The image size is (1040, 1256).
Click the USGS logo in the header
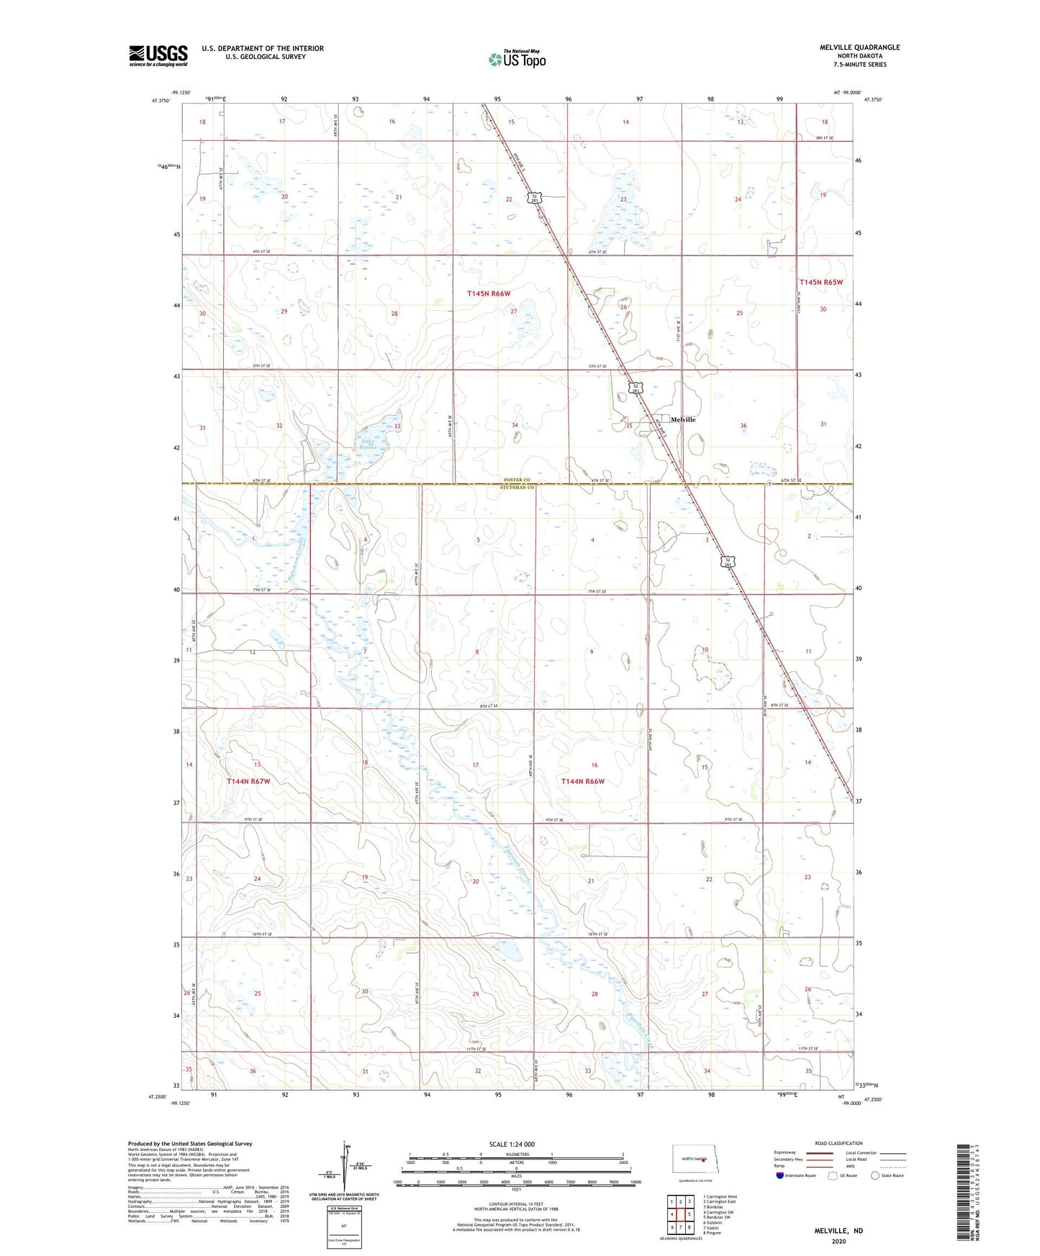(x=158, y=55)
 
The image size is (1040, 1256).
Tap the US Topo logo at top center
(x=517, y=59)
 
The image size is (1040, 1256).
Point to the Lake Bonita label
(x=367, y=444)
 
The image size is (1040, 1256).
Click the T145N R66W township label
(x=489, y=293)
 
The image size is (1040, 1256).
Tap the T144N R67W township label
(x=248, y=781)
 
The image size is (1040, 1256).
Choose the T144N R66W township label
(x=583, y=781)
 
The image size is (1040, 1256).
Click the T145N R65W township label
(x=821, y=283)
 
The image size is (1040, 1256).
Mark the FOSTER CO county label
(x=517, y=480)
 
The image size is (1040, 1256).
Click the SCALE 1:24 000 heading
(x=512, y=1144)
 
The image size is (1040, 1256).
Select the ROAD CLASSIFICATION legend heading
(x=838, y=1143)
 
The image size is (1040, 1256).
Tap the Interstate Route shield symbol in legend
(x=780, y=1175)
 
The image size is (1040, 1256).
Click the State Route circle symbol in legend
(x=875, y=1175)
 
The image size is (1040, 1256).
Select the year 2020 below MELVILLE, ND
(x=838, y=1241)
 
